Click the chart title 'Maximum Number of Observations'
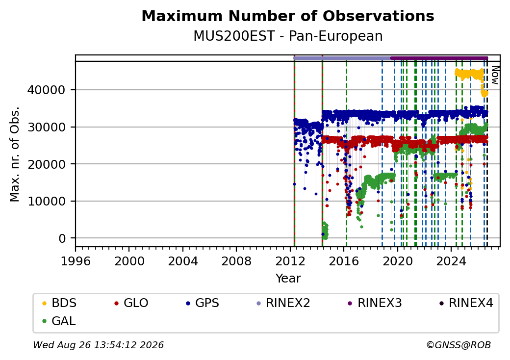[288, 16]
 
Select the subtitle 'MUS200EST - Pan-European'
[288, 36]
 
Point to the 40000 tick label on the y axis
[46, 90]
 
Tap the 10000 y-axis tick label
[46, 201]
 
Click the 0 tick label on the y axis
[62, 238]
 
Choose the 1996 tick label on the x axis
[76, 261]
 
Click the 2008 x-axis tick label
[236, 261]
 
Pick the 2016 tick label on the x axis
[343, 261]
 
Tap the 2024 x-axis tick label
[451, 261]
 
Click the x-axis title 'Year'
[288, 279]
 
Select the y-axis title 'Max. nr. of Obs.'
[15, 154]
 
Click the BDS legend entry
[59, 303]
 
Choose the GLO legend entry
[131, 303]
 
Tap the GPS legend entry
[203, 303]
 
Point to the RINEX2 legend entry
[283, 303]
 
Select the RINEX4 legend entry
[466, 303]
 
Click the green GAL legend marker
[45, 321]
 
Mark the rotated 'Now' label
[494, 75]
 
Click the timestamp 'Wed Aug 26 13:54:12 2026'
[99, 345]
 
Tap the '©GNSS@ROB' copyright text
[459, 345]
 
